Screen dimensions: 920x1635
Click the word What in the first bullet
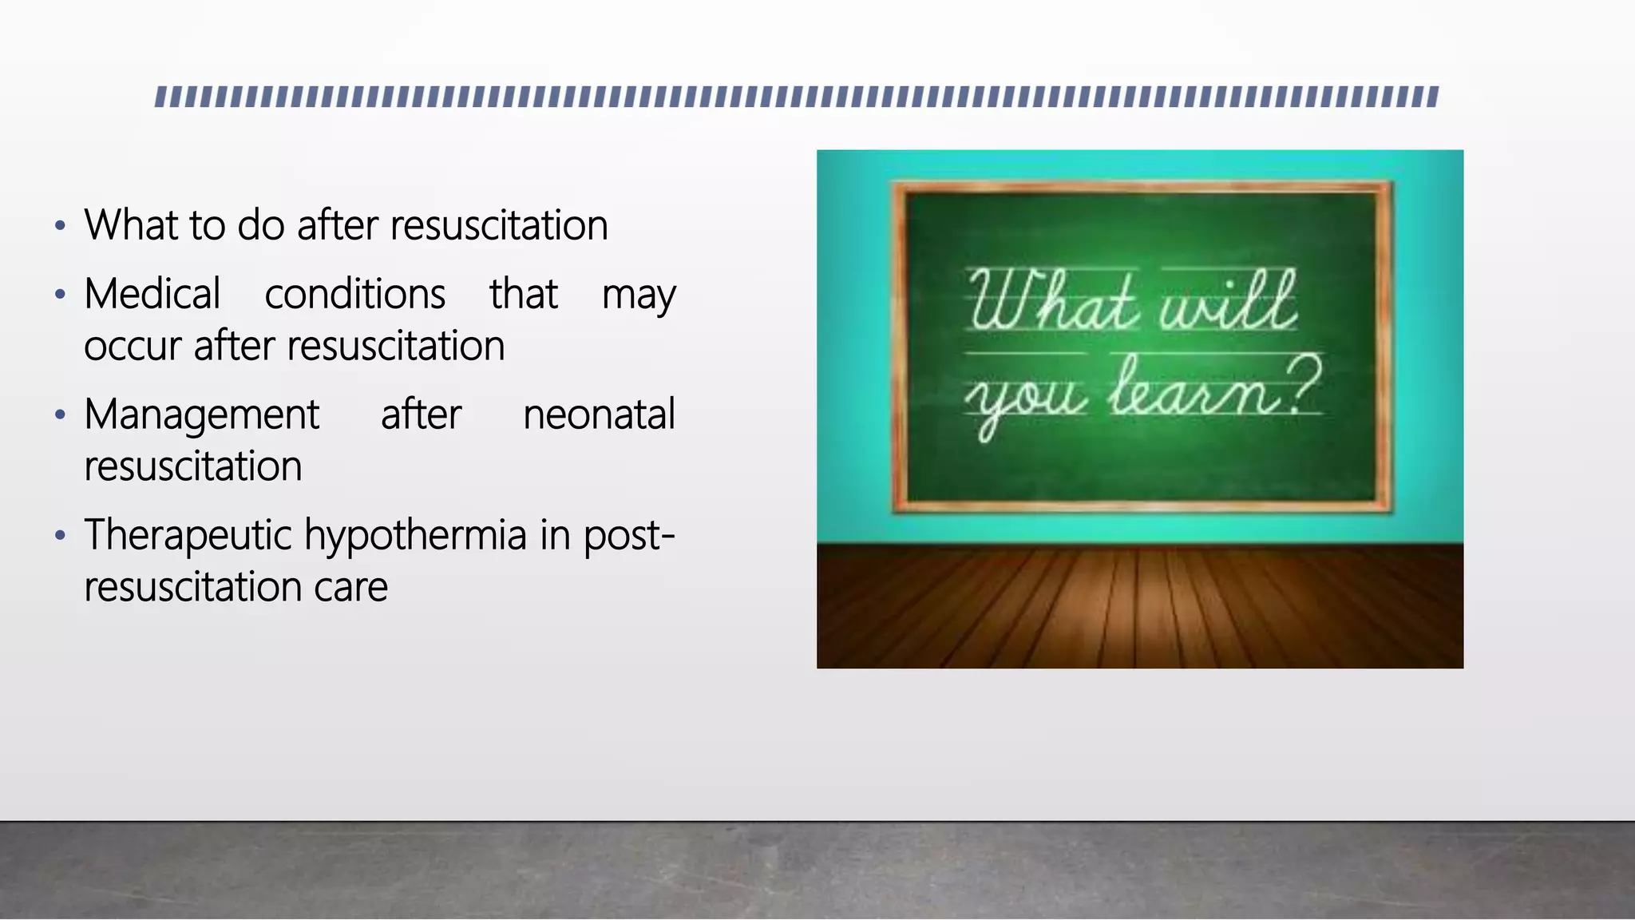[x=131, y=225]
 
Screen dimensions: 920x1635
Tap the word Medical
[x=152, y=294]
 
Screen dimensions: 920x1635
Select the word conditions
[x=354, y=294]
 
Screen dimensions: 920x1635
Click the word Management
[x=202, y=415]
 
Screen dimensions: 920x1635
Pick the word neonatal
[x=599, y=414]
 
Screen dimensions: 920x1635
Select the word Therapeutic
[x=188, y=535]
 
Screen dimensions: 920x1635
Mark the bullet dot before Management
[x=60, y=415]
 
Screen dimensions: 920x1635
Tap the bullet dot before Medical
[x=60, y=295]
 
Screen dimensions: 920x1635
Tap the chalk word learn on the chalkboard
[x=1195, y=389]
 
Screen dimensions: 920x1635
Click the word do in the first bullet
[x=261, y=225]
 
